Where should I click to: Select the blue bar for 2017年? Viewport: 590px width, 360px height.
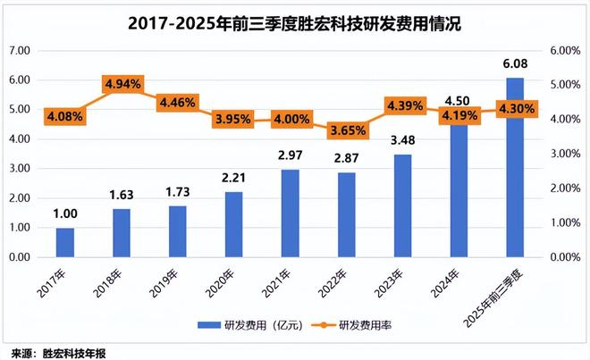tap(65, 242)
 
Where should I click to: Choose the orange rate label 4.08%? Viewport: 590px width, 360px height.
tap(65, 115)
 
